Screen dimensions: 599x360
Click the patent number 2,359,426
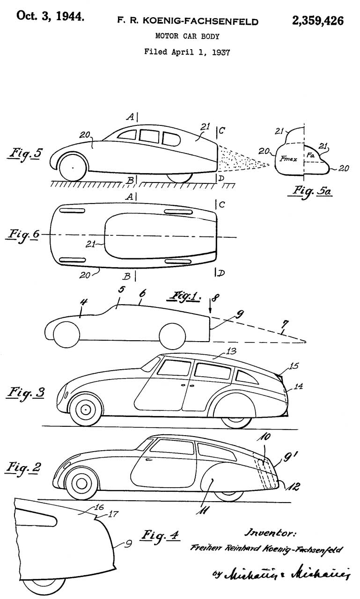point(318,21)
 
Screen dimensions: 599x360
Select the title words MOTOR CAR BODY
point(187,36)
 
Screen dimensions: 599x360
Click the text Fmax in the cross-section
point(287,160)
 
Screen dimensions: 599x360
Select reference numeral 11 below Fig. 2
point(204,509)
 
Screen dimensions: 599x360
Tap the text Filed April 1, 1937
point(187,52)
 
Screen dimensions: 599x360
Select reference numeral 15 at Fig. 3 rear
point(292,365)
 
